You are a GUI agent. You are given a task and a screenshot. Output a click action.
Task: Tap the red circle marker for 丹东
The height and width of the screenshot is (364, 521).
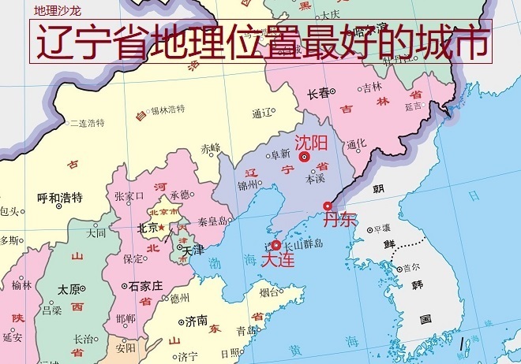328,206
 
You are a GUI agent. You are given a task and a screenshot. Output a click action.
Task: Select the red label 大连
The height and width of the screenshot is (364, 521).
277,259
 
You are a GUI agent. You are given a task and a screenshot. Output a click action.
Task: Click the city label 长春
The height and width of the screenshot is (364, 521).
319,93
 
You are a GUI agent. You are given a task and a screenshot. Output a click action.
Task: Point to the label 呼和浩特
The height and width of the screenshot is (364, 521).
60,198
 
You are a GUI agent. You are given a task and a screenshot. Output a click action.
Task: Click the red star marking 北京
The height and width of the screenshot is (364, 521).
161,228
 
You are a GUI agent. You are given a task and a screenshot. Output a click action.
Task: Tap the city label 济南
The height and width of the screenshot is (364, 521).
197,321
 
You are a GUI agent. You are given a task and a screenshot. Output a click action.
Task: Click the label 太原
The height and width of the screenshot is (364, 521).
68,289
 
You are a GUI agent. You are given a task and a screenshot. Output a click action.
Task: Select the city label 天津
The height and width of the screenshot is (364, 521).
193,250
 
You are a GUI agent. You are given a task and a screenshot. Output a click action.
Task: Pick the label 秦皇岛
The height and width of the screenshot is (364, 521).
212,221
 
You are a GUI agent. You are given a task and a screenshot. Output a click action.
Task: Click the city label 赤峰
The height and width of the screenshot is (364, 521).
210,147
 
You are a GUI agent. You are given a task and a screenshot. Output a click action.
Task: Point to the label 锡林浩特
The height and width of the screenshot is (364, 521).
167,109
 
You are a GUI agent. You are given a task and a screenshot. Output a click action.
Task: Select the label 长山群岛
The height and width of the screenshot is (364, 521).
304,244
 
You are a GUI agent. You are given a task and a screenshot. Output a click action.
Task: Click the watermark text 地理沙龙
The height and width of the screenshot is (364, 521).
55,10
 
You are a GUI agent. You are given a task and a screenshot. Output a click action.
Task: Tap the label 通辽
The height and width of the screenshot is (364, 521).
261,113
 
